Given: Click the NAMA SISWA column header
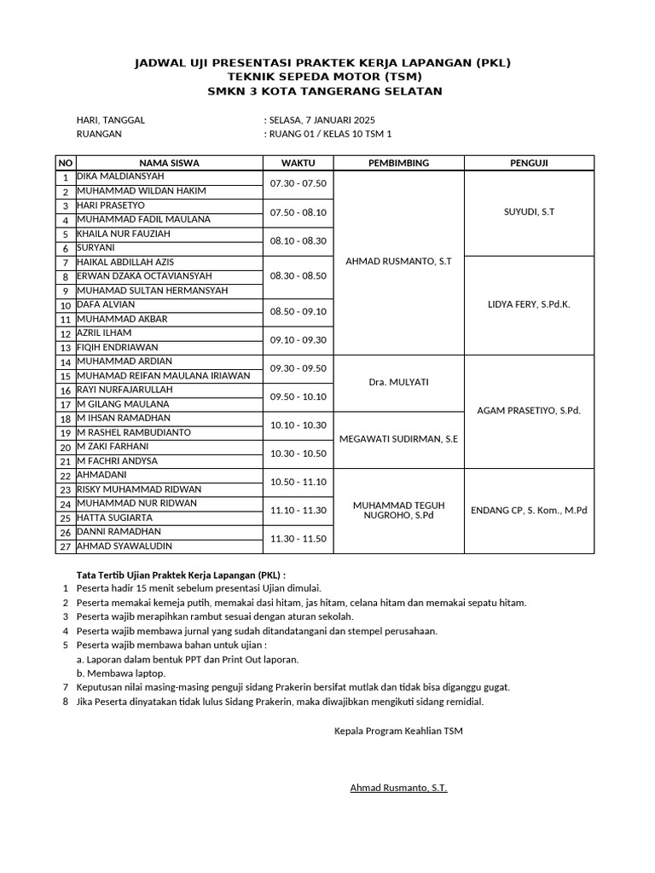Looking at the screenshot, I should (169, 163).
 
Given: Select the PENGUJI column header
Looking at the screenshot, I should (528, 163).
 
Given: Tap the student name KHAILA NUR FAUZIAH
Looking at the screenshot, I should (124, 233).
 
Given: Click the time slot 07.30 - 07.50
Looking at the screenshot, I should (299, 183).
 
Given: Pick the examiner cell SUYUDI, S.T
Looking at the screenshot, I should (529, 211).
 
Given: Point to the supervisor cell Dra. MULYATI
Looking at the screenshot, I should (399, 382).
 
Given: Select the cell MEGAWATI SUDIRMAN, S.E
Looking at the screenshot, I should (399, 439).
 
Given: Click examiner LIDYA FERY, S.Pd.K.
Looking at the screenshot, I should (529, 304).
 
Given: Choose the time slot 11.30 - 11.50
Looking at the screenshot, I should (299, 539).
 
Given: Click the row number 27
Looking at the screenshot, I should (65, 546).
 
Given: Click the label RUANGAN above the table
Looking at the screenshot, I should (99, 134).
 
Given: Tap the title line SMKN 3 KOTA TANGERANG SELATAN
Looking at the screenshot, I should (325, 91).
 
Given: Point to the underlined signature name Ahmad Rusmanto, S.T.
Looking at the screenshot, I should (398, 788).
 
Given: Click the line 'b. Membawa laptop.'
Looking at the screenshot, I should (121, 673).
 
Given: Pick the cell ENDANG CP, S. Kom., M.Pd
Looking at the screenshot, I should (529, 511).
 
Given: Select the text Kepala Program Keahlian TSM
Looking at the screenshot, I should (398, 731).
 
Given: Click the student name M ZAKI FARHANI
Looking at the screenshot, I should (113, 446).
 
